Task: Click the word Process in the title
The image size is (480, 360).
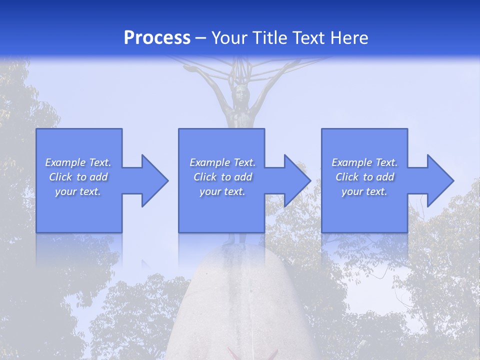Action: point(157,38)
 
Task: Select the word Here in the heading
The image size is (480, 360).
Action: point(349,38)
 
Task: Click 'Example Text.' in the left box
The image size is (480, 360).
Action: point(78,162)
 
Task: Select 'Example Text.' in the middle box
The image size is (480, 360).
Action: point(222,162)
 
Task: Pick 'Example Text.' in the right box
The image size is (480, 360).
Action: point(364,162)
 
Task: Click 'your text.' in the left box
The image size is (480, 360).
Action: point(78,191)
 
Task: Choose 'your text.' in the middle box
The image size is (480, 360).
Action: point(222,191)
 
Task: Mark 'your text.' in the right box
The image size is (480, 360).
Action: point(364,191)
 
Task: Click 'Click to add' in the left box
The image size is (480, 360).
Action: point(78,177)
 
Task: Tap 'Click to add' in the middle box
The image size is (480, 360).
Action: point(222,177)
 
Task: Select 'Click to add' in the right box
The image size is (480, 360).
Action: point(364,177)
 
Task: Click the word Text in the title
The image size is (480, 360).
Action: point(310,38)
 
